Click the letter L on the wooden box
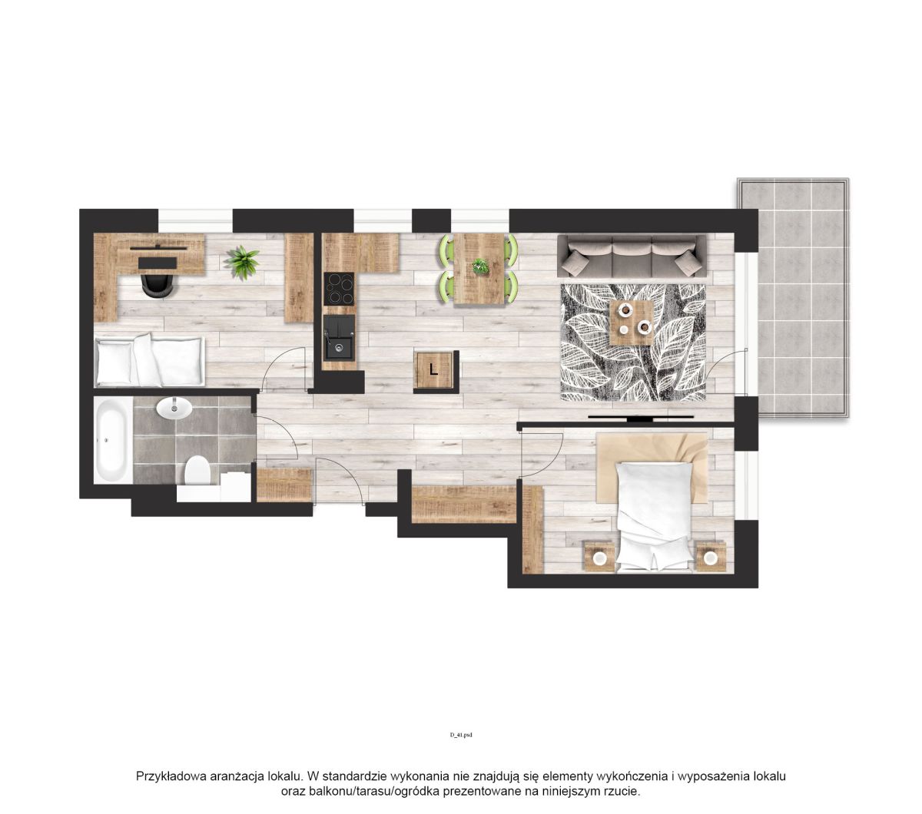point(433,370)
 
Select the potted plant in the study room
point(240,262)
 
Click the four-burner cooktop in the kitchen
point(339,289)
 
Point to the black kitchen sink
point(339,336)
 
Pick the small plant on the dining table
point(480,266)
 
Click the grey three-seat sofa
point(632,255)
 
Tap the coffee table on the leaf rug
point(632,322)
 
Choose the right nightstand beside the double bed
point(711,556)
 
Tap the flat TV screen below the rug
point(641,417)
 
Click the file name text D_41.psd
point(461,735)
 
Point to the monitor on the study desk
point(159,248)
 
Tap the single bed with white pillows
point(149,362)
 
